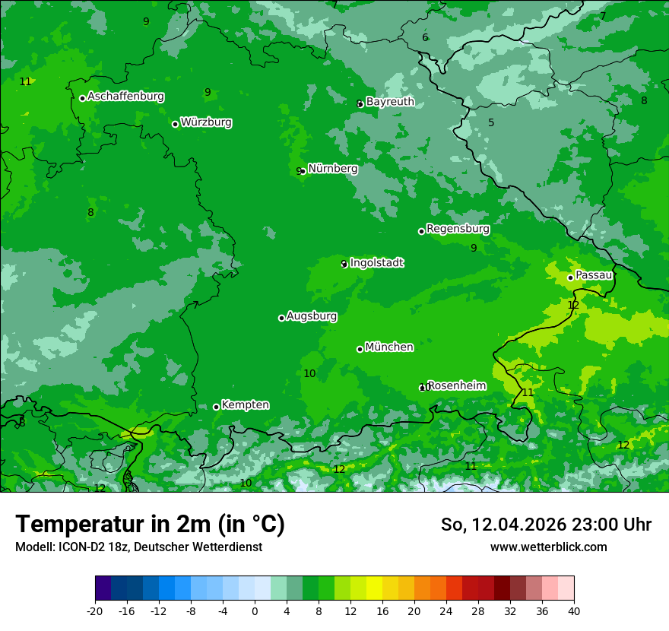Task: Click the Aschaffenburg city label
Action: coord(125,97)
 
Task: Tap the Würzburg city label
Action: coord(206,122)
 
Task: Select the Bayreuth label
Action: coord(390,102)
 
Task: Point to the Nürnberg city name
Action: coord(332,169)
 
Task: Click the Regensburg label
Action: coord(458,229)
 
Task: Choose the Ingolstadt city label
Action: coord(376,263)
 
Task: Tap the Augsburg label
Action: coord(311,316)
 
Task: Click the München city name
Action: coord(388,347)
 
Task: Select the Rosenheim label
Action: coord(456,385)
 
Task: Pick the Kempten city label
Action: coord(245,405)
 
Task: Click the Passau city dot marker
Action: coord(570,277)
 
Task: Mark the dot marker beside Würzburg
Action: coord(175,124)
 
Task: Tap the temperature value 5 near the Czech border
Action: coord(491,123)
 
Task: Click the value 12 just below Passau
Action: coord(573,306)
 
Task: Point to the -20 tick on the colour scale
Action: coord(95,610)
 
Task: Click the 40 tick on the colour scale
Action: coord(573,610)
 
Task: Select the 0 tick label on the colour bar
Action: coord(255,610)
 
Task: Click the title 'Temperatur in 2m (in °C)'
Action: coord(150,525)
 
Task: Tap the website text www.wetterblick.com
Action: coord(548,547)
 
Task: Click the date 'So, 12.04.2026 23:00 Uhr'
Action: coord(546,525)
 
